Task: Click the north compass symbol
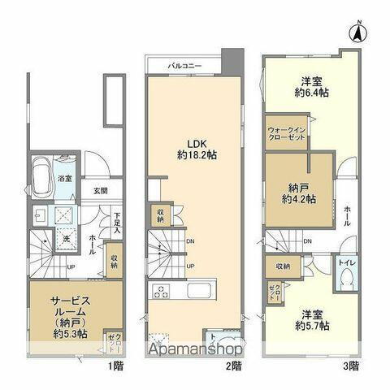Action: [356, 33]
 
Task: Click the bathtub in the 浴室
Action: [40, 172]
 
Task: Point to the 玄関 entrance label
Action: [100, 192]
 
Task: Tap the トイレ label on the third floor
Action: [344, 263]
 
